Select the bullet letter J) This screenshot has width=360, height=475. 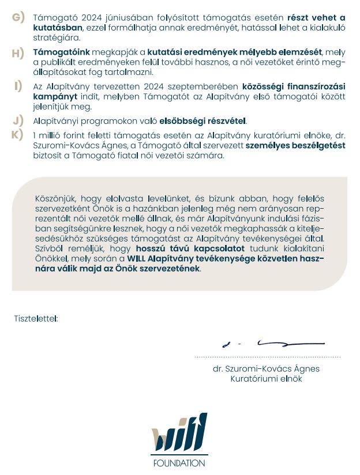coord(18,120)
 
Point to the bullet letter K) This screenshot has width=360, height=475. coord(18,134)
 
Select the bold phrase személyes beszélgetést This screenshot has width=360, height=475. coord(295,145)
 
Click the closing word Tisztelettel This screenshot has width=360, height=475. coord(36,318)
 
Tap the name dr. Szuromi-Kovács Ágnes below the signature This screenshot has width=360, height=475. coord(265,368)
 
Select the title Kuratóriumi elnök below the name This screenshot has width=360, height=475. coord(266,379)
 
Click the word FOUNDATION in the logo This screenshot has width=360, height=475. coord(179,463)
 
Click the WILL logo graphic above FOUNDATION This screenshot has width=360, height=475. coord(179,434)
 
